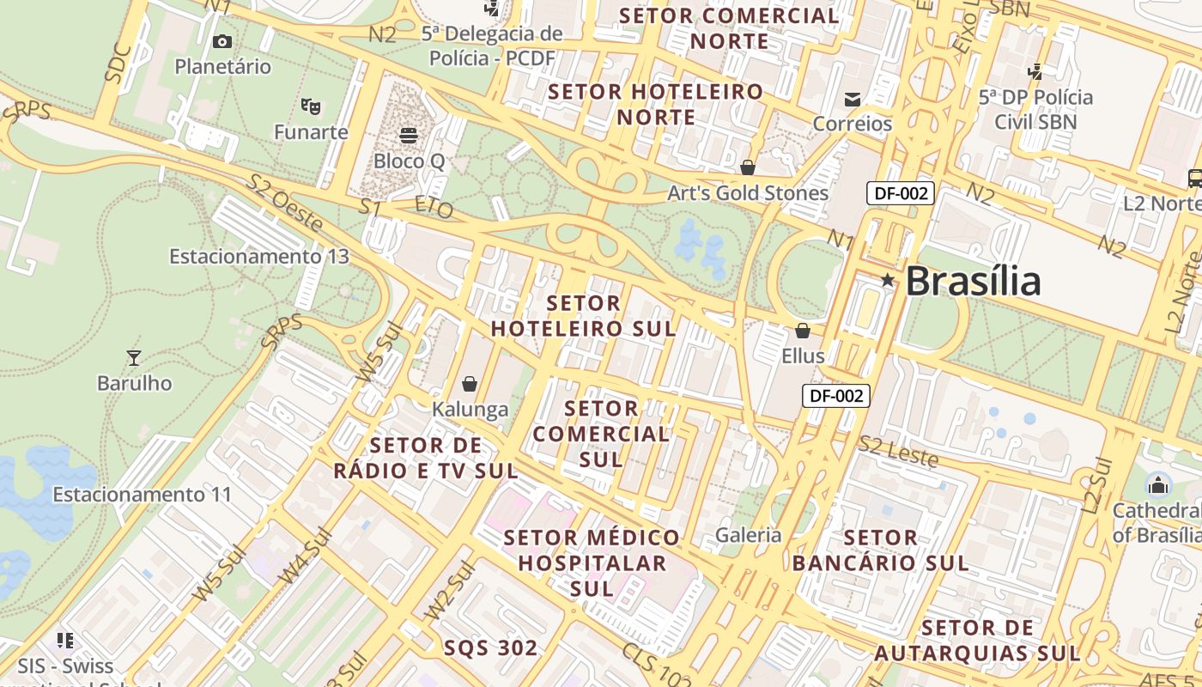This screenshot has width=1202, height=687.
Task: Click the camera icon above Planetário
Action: pyautogui.click(x=222, y=41)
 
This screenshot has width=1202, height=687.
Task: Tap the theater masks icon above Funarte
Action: pyautogui.click(x=311, y=106)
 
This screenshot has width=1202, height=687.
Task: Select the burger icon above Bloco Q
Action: pyautogui.click(x=409, y=135)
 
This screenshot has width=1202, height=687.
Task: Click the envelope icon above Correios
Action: pyautogui.click(x=853, y=99)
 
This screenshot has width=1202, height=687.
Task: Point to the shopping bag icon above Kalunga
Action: pyautogui.click(x=470, y=383)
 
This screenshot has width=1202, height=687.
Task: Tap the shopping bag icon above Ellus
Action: pyautogui.click(x=803, y=330)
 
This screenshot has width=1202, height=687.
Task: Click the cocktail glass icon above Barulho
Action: pyautogui.click(x=133, y=357)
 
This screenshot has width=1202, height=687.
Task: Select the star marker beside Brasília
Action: pyautogui.click(x=887, y=280)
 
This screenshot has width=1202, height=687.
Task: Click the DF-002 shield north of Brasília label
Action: pyautogui.click(x=900, y=193)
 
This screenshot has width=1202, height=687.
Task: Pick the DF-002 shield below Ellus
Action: pyautogui.click(x=835, y=396)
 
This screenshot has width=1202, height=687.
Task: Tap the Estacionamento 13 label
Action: pyautogui.click(x=259, y=256)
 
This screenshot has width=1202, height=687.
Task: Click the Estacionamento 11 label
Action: pyautogui.click(x=143, y=495)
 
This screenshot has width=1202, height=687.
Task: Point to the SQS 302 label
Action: pyautogui.click(x=491, y=647)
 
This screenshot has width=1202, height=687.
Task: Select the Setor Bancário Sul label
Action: pyautogui.click(x=880, y=550)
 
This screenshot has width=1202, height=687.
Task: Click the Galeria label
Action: pyautogui.click(x=749, y=535)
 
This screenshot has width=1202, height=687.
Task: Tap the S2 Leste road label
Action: pyautogui.click(x=899, y=452)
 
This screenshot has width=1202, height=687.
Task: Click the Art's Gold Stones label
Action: pyautogui.click(x=748, y=193)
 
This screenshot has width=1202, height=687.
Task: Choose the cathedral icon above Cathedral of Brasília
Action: pyautogui.click(x=1158, y=485)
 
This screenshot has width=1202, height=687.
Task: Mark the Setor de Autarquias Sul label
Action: pyautogui.click(x=977, y=641)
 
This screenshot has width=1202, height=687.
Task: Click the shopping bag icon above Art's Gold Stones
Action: pyautogui.click(x=748, y=167)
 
